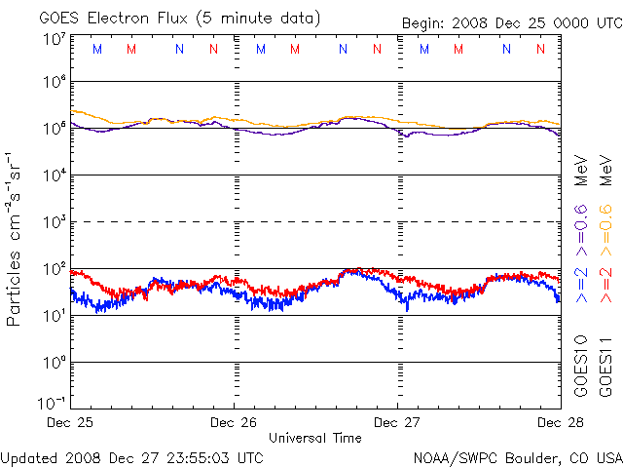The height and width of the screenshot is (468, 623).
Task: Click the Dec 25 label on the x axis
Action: point(70,423)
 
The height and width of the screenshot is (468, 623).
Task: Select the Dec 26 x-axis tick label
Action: point(233,423)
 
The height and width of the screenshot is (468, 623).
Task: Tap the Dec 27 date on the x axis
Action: point(397,423)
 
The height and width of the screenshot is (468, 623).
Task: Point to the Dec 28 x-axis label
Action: point(560,423)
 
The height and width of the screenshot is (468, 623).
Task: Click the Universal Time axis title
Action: point(315,438)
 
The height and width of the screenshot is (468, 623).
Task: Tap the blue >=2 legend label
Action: point(581,283)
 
